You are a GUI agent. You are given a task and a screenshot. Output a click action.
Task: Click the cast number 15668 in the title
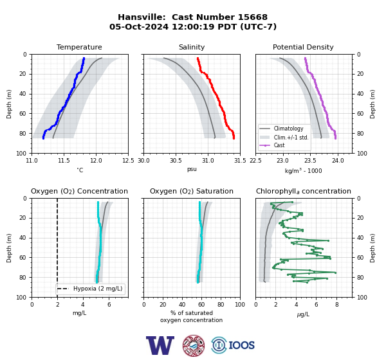pyautogui.click(x=250, y=17)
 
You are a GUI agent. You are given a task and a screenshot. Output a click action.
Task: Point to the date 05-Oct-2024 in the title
pyautogui.click(x=139, y=26)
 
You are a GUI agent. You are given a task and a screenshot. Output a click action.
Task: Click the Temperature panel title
pyautogui.click(x=79, y=47)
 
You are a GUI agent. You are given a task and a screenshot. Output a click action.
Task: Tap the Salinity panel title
pyautogui.click(x=192, y=47)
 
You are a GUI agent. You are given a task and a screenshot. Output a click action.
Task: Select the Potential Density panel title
pyautogui.click(x=303, y=47)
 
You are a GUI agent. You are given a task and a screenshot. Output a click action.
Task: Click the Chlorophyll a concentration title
pyautogui.click(x=303, y=191)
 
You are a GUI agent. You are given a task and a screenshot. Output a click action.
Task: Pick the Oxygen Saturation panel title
pyautogui.click(x=192, y=191)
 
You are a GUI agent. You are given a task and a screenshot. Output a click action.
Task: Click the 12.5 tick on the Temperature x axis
pyautogui.click(x=128, y=161)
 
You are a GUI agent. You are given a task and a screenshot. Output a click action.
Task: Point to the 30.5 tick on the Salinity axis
pyautogui.click(x=176, y=161)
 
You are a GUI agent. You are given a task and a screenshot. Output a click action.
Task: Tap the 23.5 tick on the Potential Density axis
pyautogui.click(x=310, y=161)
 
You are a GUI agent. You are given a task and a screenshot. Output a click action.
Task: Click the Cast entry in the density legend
pyautogui.click(x=279, y=145)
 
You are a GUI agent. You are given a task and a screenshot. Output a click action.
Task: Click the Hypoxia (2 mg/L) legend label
pyautogui.click(x=98, y=289)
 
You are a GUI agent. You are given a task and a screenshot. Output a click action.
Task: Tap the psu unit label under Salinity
pyautogui.click(x=192, y=169)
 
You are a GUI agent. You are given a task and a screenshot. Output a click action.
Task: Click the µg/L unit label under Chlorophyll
pyautogui.click(x=303, y=314)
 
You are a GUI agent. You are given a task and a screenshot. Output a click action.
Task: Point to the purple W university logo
pyautogui.click(x=160, y=345)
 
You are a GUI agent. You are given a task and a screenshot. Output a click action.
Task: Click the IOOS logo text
pyautogui.click(x=241, y=345)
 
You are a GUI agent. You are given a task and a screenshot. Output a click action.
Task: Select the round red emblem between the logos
pyautogui.click(x=194, y=345)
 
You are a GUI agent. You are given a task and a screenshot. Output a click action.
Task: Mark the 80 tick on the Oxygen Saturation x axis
pyautogui.click(x=221, y=305)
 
